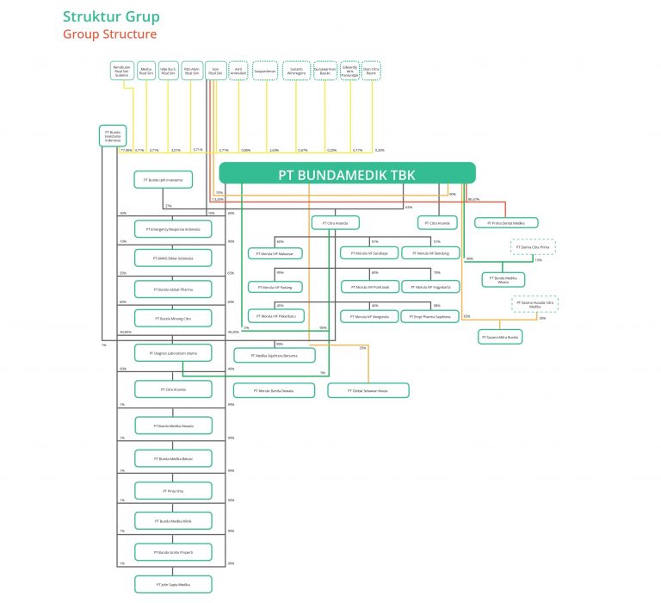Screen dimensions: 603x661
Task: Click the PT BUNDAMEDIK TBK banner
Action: coord(347,173)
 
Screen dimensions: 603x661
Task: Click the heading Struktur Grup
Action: coord(110,16)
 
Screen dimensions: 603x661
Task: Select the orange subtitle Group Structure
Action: coord(109,34)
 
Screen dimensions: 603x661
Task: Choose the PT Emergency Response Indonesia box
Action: coord(172,229)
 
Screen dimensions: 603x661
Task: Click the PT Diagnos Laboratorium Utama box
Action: coord(172,352)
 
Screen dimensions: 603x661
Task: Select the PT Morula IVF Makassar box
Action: coord(277,253)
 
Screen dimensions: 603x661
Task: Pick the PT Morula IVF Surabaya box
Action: coord(369,253)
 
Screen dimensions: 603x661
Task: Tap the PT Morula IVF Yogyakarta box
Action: coord(429,286)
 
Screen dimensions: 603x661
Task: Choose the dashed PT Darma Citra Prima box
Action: coord(528,247)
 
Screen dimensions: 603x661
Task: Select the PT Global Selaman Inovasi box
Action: coord(368,390)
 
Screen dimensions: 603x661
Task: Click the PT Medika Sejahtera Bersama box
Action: coord(275,355)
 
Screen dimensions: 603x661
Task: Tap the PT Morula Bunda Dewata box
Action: coord(274,390)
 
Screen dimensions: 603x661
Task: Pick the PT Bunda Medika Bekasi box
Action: coord(172,458)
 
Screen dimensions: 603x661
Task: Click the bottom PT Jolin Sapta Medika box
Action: coord(172,584)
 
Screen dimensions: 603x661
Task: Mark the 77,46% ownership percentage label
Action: coord(127,150)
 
